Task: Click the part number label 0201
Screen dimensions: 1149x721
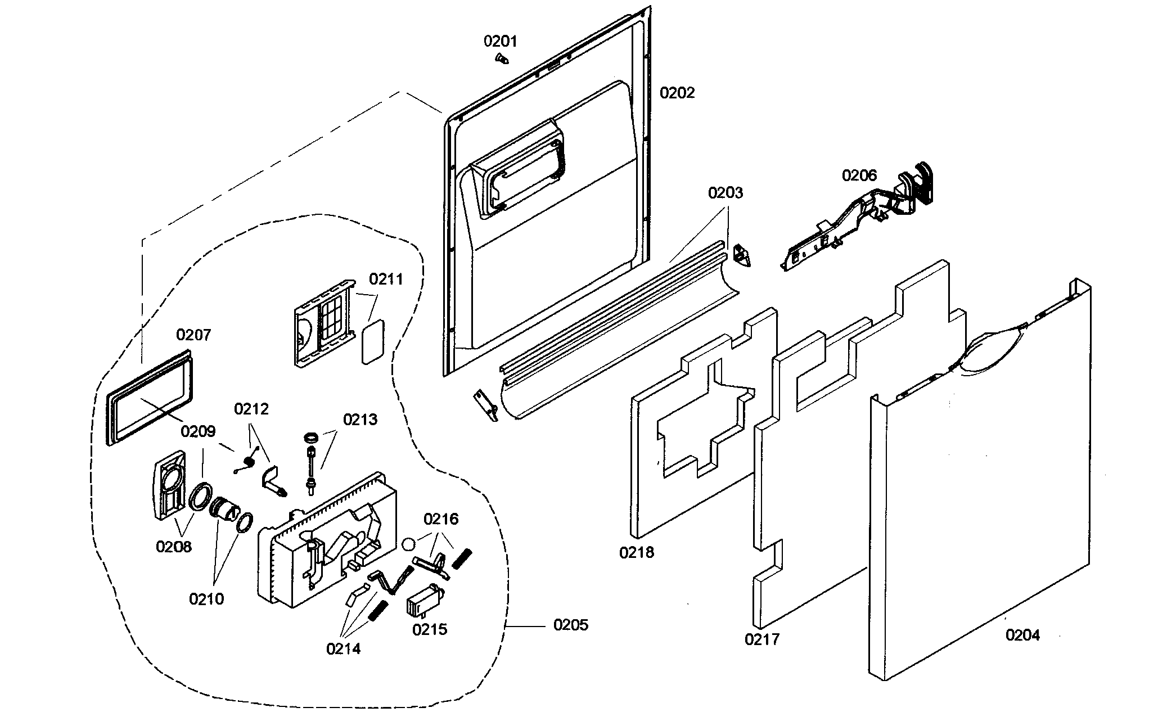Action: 501,41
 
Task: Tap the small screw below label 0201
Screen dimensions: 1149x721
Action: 501,58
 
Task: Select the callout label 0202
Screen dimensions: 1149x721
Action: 677,93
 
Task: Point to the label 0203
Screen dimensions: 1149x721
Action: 726,193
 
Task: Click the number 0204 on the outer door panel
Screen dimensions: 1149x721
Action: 1022,636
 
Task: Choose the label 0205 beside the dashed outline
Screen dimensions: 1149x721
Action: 571,625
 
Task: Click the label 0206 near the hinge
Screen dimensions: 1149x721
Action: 859,175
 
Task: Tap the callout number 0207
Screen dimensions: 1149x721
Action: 193,335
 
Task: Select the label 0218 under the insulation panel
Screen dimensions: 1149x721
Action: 637,553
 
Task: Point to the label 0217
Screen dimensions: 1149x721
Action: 762,639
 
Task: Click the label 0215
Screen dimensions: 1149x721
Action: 430,629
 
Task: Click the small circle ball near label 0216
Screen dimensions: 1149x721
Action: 409,544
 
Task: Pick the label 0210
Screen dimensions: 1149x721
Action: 206,599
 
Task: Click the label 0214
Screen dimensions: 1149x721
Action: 343,648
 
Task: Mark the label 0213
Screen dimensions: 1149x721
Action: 360,420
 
